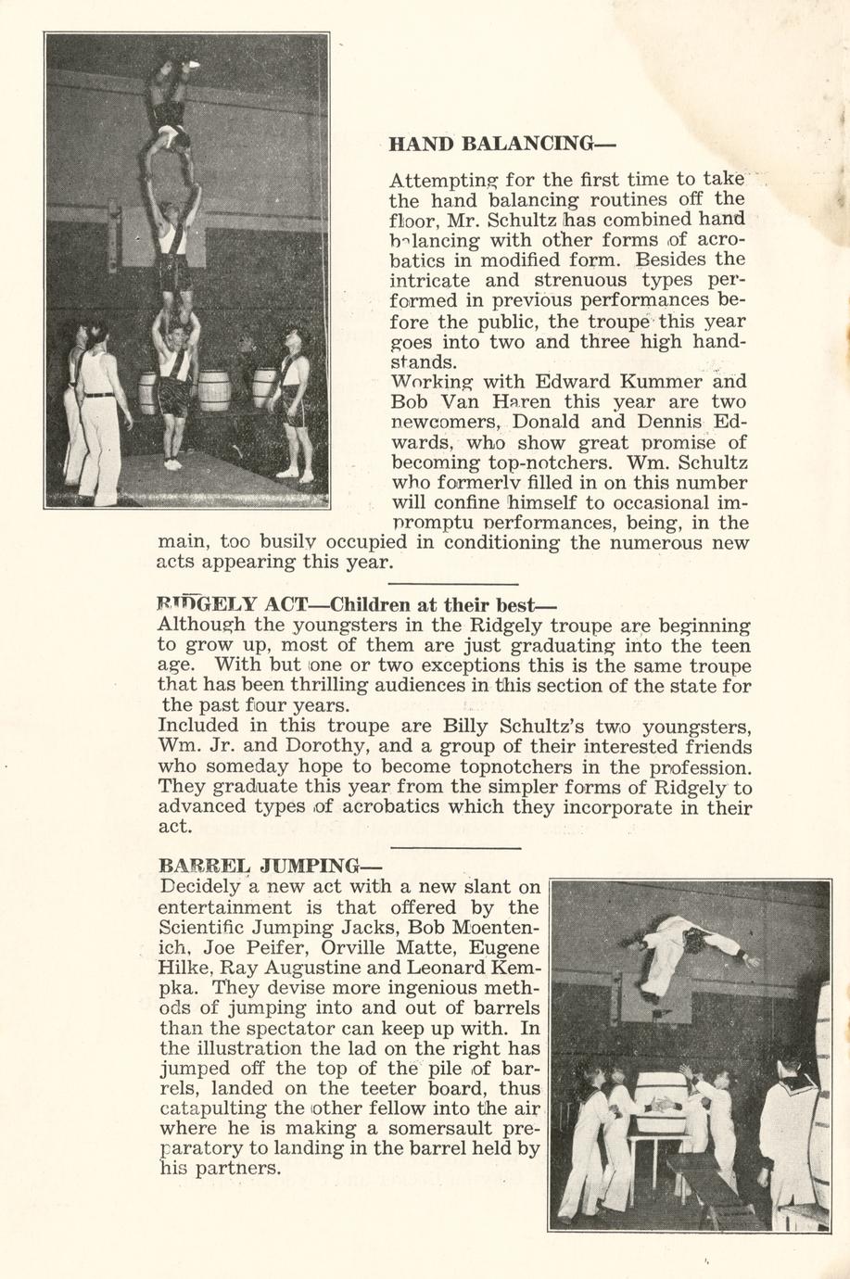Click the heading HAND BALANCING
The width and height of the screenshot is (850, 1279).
[501, 145]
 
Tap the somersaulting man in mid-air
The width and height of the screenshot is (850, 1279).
[691, 949]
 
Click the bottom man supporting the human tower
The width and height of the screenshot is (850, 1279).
[174, 389]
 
